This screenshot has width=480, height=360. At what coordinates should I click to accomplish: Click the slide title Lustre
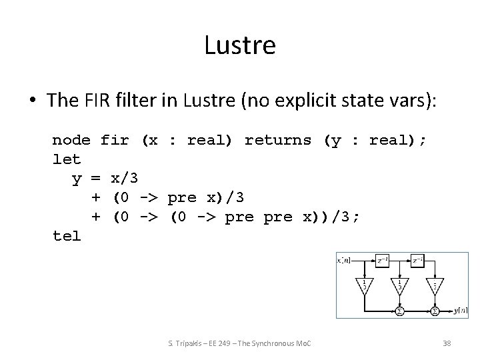(x=240, y=46)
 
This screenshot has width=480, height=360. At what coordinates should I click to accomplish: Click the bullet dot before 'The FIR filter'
(x=33, y=101)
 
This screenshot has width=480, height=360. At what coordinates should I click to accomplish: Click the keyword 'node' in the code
(x=71, y=140)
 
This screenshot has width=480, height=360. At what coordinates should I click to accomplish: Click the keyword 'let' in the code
(x=67, y=159)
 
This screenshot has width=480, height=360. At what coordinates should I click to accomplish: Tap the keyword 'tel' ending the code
(x=67, y=235)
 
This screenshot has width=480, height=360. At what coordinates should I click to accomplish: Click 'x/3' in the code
(x=124, y=178)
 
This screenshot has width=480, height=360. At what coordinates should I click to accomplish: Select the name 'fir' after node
(x=115, y=140)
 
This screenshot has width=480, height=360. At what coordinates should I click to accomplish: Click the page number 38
(x=447, y=343)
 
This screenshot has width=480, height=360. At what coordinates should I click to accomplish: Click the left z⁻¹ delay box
(x=382, y=259)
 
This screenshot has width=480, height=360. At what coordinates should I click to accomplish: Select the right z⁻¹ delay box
(x=418, y=259)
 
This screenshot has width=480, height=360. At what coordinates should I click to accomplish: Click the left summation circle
(x=399, y=310)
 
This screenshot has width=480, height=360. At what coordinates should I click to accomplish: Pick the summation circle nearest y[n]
(x=435, y=310)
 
